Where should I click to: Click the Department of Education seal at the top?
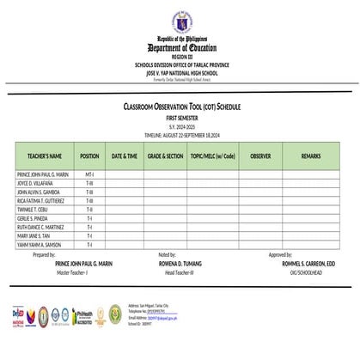(181, 21)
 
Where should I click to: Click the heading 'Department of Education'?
(181, 48)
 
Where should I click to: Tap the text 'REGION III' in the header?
(181, 57)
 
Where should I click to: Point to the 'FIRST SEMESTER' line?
(181, 115)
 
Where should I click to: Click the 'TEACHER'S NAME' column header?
(44, 156)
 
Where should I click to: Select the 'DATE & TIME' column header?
(124, 156)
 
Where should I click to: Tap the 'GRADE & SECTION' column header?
(165, 156)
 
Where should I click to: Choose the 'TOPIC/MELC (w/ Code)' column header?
(213, 156)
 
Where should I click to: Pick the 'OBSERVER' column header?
(261, 156)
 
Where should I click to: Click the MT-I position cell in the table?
(88, 174)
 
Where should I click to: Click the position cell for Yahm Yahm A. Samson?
(88, 245)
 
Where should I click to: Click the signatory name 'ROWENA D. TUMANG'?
(180, 263)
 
